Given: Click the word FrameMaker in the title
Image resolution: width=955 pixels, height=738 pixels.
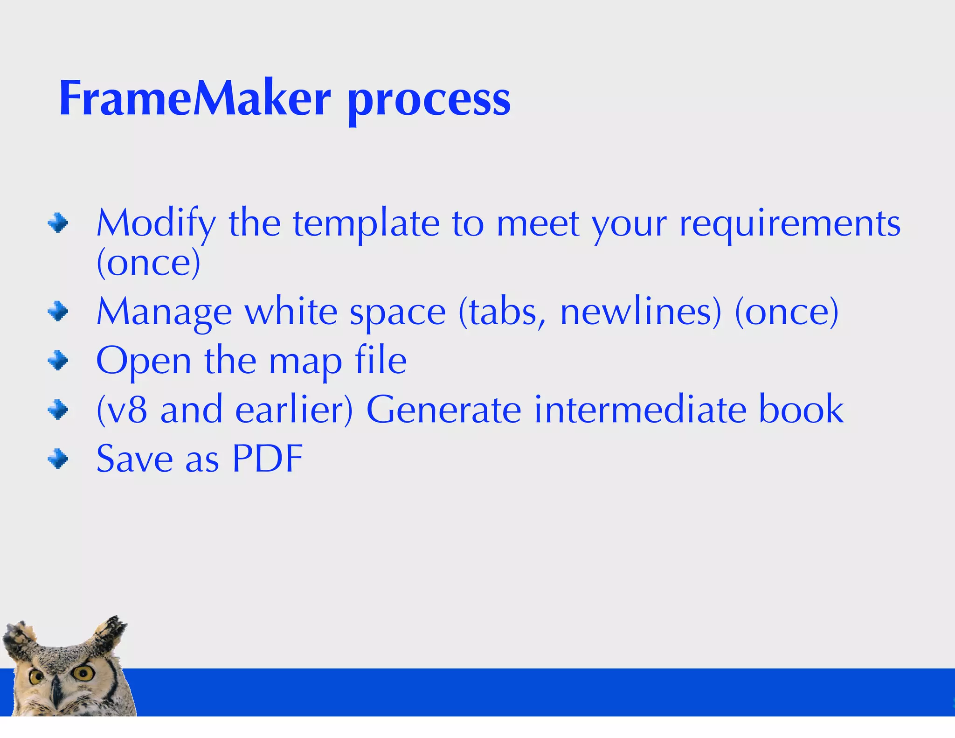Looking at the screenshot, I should click(x=195, y=99).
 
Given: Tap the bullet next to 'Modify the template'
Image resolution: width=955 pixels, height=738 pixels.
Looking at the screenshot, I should click(x=58, y=223).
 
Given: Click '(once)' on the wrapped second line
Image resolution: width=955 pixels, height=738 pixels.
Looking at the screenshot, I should click(x=148, y=263).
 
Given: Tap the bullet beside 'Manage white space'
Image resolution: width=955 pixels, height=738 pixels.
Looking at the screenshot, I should click(x=58, y=312).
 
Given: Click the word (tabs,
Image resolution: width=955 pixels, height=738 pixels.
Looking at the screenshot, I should click(x=502, y=312).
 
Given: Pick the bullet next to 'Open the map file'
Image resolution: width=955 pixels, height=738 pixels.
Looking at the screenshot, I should click(x=58, y=361).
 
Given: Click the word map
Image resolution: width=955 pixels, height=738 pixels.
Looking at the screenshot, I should click(x=305, y=362).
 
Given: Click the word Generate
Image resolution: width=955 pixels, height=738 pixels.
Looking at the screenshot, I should click(x=443, y=410).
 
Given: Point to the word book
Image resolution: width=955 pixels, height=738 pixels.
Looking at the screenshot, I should click(x=801, y=409).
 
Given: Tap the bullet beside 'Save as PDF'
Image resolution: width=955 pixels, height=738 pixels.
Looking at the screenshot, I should click(x=58, y=459).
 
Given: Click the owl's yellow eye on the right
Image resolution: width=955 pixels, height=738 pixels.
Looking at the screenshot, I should click(x=83, y=673).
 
